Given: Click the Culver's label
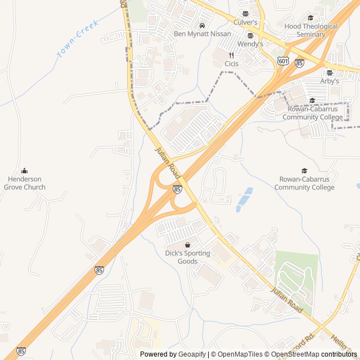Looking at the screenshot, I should (x=245, y=22).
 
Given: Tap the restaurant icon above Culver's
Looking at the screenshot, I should (x=245, y=14).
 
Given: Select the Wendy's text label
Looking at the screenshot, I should (x=250, y=44).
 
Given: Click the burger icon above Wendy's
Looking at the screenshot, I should (x=250, y=35).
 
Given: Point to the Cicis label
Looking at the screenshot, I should (x=231, y=64).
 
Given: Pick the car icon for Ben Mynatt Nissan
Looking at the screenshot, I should (x=201, y=26).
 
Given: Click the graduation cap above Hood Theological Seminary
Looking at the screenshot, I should (x=310, y=18).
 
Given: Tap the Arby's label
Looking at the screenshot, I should (x=330, y=81).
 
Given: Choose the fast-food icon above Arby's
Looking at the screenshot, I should (x=330, y=73).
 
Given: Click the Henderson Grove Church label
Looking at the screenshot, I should (x=25, y=183).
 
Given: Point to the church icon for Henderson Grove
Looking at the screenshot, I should (x=25, y=171).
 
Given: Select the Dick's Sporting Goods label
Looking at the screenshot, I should (x=187, y=257).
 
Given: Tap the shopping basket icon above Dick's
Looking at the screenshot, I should (x=187, y=245).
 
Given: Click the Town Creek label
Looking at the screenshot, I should (x=78, y=39).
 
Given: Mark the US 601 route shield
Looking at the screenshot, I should (x=283, y=61).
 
